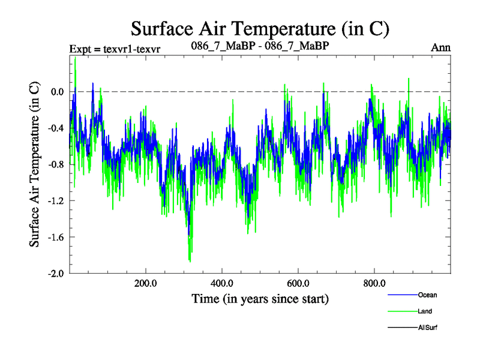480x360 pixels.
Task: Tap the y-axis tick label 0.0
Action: pyautogui.click(x=57, y=92)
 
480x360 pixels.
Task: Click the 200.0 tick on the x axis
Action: pyautogui.click(x=145, y=283)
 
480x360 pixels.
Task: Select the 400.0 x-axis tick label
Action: pyautogui.click(x=221, y=283)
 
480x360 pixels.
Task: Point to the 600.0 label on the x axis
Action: pyautogui.click(x=298, y=283)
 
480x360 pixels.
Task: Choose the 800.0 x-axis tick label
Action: pyautogui.click(x=374, y=283)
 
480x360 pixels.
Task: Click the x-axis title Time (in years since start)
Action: pyautogui.click(x=260, y=298)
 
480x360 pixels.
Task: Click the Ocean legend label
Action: pyautogui.click(x=428, y=295)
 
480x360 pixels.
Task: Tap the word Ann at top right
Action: pyautogui.click(x=441, y=47)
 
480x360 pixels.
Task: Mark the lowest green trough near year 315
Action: pyautogui.click(x=190, y=262)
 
